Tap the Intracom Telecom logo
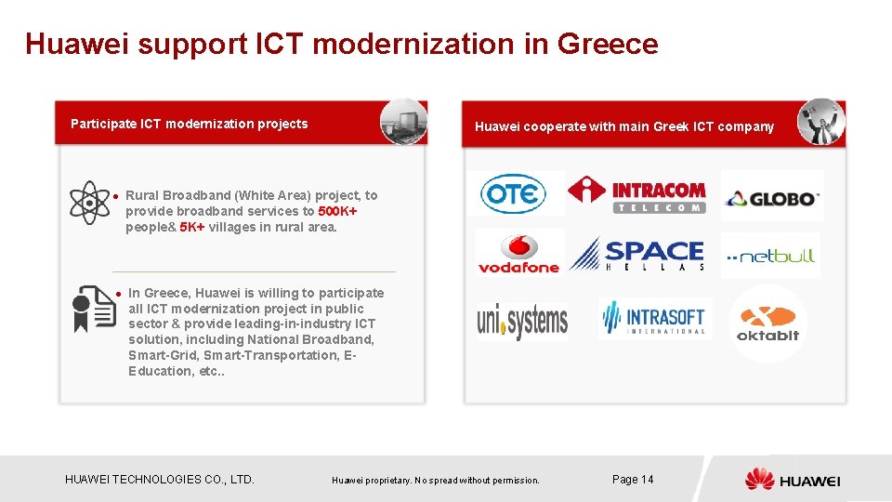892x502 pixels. click(x=637, y=193)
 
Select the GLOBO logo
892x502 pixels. click(x=771, y=197)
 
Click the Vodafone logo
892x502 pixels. click(x=518, y=253)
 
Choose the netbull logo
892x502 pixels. click(x=770, y=256)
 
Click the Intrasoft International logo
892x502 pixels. click(x=654, y=318)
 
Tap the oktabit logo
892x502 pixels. click(x=767, y=322)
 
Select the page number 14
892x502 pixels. click(x=633, y=479)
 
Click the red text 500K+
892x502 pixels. click(x=338, y=211)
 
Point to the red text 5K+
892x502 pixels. click(x=192, y=227)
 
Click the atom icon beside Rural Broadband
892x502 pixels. click(x=89, y=202)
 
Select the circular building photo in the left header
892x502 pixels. click(x=403, y=122)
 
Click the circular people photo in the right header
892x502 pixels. click(x=820, y=122)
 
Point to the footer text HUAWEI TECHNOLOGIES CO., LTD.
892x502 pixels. click(x=160, y=480)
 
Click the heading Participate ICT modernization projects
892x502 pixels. click(x=190, y=124)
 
